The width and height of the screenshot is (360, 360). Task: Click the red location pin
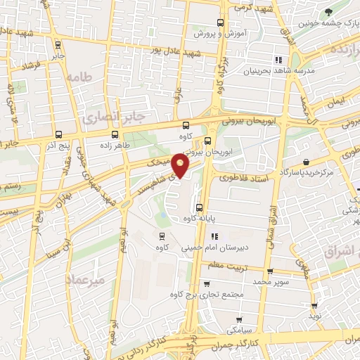coord(181,167)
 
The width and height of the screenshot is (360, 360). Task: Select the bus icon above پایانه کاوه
coord(199,207)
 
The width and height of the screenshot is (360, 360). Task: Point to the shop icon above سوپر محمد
coord(270,271)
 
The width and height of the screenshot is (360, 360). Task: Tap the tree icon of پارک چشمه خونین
coord(328,11)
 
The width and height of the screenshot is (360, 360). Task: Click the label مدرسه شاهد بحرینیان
coord(278,71)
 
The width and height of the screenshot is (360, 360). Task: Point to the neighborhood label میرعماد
coord(84,279)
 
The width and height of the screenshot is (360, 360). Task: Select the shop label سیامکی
coord(240,329)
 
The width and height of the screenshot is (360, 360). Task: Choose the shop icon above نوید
coord(314,306)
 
